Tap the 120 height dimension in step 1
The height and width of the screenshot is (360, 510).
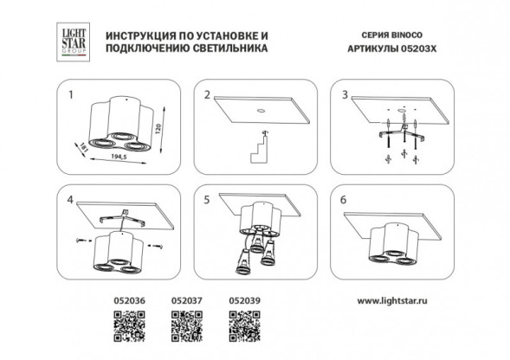(x=158, y=129)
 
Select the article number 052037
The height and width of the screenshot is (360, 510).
(x=184, y=301)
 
